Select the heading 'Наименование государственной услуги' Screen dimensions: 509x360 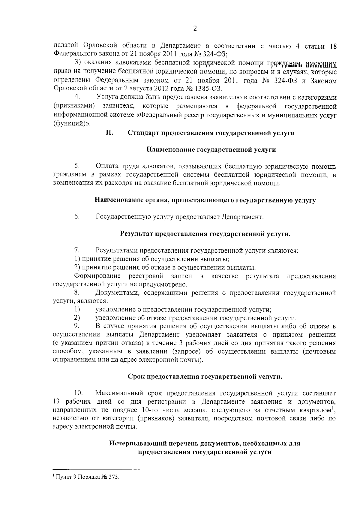click(x=211, y=149)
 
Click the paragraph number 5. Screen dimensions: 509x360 click(x=77, y=166)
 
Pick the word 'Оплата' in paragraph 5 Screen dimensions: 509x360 click(x=107, y=166)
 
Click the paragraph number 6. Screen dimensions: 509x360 click(x=77, y=217)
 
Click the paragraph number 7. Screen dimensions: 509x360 click(x=77, y=250)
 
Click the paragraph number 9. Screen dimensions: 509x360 click(x=77, y=326)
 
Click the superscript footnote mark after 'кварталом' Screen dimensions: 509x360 click(x=333, y=408)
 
